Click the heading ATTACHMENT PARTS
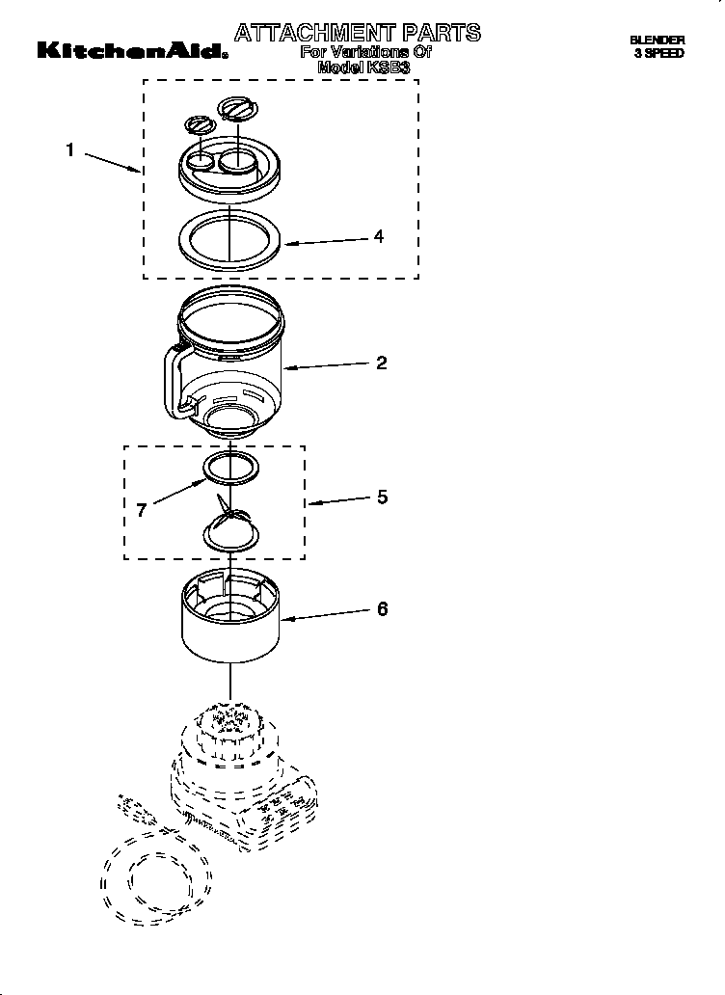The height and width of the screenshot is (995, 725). pos(357,33)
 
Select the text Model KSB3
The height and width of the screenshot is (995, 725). pos(363,68)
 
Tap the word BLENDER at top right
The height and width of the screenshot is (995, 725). pos(657,40)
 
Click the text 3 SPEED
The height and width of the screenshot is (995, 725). pos(658,54)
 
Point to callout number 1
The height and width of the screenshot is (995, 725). pos(69,149)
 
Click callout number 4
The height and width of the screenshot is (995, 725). pos(379,236)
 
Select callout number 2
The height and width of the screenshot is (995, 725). pos(381,363)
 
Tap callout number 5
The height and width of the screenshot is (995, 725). pos(382,497)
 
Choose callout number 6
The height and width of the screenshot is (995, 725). pos(382,609)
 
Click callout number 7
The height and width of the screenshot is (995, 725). pos(141,510)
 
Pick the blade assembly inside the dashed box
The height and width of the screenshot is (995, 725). pos(230,525)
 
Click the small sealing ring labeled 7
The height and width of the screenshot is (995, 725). pos(231,468)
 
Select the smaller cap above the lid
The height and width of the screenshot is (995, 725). pos(198,124)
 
